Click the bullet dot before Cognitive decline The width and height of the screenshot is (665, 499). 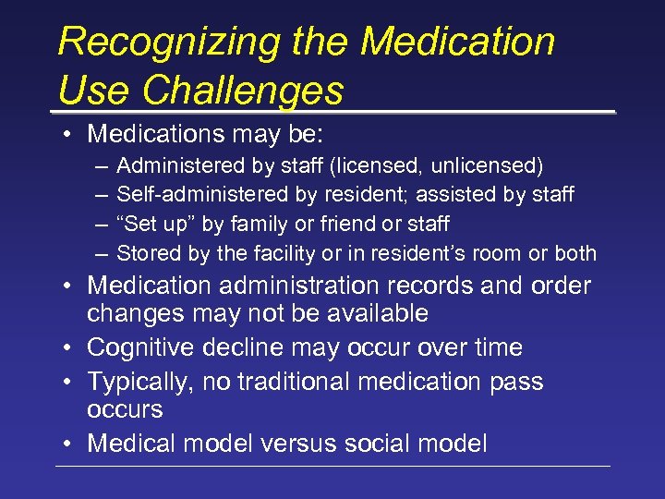click(70, 348)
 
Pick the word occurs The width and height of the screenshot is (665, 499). click(125, 409)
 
